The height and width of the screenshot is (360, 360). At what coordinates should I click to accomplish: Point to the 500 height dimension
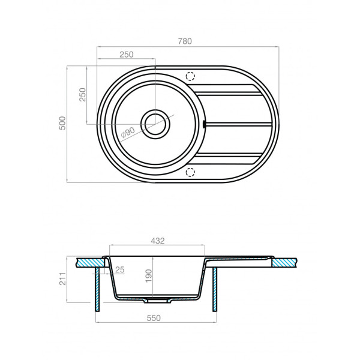pyautogui.click(x=61, y=124)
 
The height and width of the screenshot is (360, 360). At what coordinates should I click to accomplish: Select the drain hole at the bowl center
pyautogui.click(x=156, y=124)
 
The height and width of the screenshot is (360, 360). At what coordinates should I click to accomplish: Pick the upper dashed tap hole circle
pyautogui.click(x=191, y=76)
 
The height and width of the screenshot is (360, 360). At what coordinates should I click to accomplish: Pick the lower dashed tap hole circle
pyautogui.click(x=191, y=173)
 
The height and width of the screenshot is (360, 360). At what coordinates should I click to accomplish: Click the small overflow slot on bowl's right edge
pyautogui.click(x=205, y=124)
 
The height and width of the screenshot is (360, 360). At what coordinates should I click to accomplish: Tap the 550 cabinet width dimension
pyautogui.click(x=154, y=319)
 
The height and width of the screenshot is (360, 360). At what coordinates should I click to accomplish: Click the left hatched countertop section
pyautogui.click(x=88, y=262)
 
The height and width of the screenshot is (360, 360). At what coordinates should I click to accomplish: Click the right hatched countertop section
pyautogui.click(x=285, y=262)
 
